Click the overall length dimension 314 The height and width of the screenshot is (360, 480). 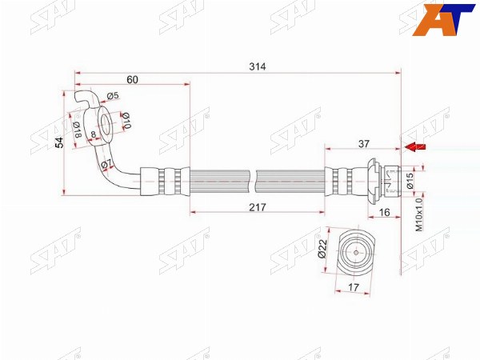tap(257, 66)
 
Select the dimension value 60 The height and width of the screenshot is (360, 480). tap(132, 79)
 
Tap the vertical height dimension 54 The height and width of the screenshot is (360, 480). tap(60, 142)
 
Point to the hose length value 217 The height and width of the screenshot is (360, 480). tap(258, 207)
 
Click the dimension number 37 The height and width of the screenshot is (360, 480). tap(364, 143)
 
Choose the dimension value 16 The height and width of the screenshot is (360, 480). tap(385, 212)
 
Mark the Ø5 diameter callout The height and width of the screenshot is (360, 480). tap(112, 96)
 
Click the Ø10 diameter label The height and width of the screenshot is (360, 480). tap(126, 120)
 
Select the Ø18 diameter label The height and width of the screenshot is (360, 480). tap(77, 130)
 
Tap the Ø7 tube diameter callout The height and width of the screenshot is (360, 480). tap(106, 163)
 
